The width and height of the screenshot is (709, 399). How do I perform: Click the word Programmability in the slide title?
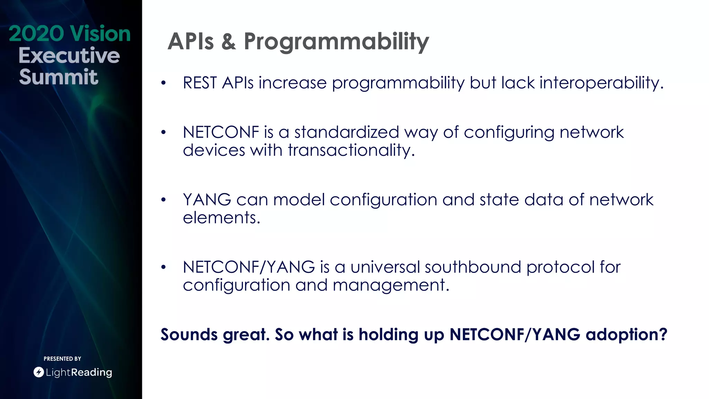pyautogui.click(x=336, y=42)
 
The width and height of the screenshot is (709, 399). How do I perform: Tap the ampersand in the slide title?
pyautogui.click(x=228, y=42)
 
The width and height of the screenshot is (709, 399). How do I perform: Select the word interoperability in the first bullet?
pyautogui.click(x=601, y=83)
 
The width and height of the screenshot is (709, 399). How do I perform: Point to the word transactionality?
pyautogui.click(x=351, y=150)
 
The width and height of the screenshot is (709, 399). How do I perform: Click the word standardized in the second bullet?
pyautogui.click(x=347, y=132)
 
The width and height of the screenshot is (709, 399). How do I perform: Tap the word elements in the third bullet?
pyautogui.click(x=221, y=218)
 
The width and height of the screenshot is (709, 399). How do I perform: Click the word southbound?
pyautogui.click(x=473, y=267)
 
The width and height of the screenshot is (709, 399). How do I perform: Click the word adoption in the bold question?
pyautogui.click(x=626, y=335)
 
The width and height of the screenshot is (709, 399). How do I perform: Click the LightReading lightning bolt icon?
pyautogui.click(x=38, y=372)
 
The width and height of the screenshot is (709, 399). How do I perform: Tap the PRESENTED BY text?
pyautogui.click(x=62, y=359)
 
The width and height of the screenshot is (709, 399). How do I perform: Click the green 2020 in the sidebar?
pyautogui.click(x=36, y=34)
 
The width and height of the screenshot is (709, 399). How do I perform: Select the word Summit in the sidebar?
pyautogui.click(x=59, y=77)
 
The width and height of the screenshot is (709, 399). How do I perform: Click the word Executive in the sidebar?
pyautogui.click(x=69, y=55)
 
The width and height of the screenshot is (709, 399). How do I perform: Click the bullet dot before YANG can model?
pyautogui.click(x=163, y=200)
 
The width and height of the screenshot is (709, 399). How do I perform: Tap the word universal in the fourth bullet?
pyautogui.click(x=385, y=267)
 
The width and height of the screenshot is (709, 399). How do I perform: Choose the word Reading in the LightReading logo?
pyautogui.click(x=91, y=372)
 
